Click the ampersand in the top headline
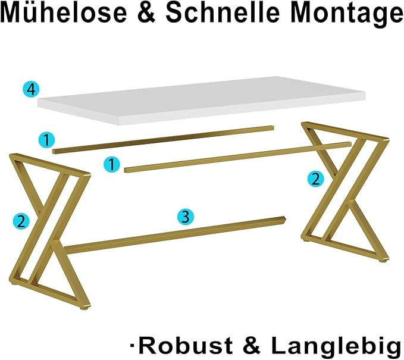pos(146,12)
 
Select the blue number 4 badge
pos(31,90)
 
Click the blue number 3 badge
pos(186,217)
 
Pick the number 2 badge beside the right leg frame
pos(316,179)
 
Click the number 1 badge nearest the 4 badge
pos(47,140)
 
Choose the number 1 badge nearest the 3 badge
pos(112,164)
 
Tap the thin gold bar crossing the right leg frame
pos(237,157)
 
